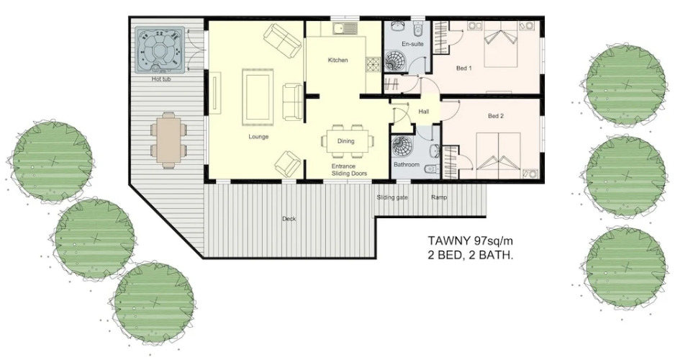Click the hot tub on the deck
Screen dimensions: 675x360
pos(160,50)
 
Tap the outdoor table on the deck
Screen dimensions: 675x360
pos(168,140)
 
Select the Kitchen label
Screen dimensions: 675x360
pos(338,60)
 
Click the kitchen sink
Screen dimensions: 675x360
pos(345,29)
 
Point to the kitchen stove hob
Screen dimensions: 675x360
pos(372,64)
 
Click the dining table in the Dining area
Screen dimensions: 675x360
pos(347,141)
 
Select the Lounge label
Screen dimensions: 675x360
pos(258,137)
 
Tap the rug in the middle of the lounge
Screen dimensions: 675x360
pos(258,96)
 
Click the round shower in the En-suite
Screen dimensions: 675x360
pos(395,61)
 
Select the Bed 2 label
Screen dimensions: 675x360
pos(496,116)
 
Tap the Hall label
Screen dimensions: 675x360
pos(424,112)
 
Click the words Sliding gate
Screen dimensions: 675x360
pos(391,198)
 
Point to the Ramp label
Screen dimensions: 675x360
pos(439,198)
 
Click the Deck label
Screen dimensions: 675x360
pos(289,219)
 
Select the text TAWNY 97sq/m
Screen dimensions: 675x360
pos(471,240)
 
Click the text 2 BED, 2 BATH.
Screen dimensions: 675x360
pos(471,255)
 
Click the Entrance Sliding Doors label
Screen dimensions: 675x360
pos(349,170)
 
